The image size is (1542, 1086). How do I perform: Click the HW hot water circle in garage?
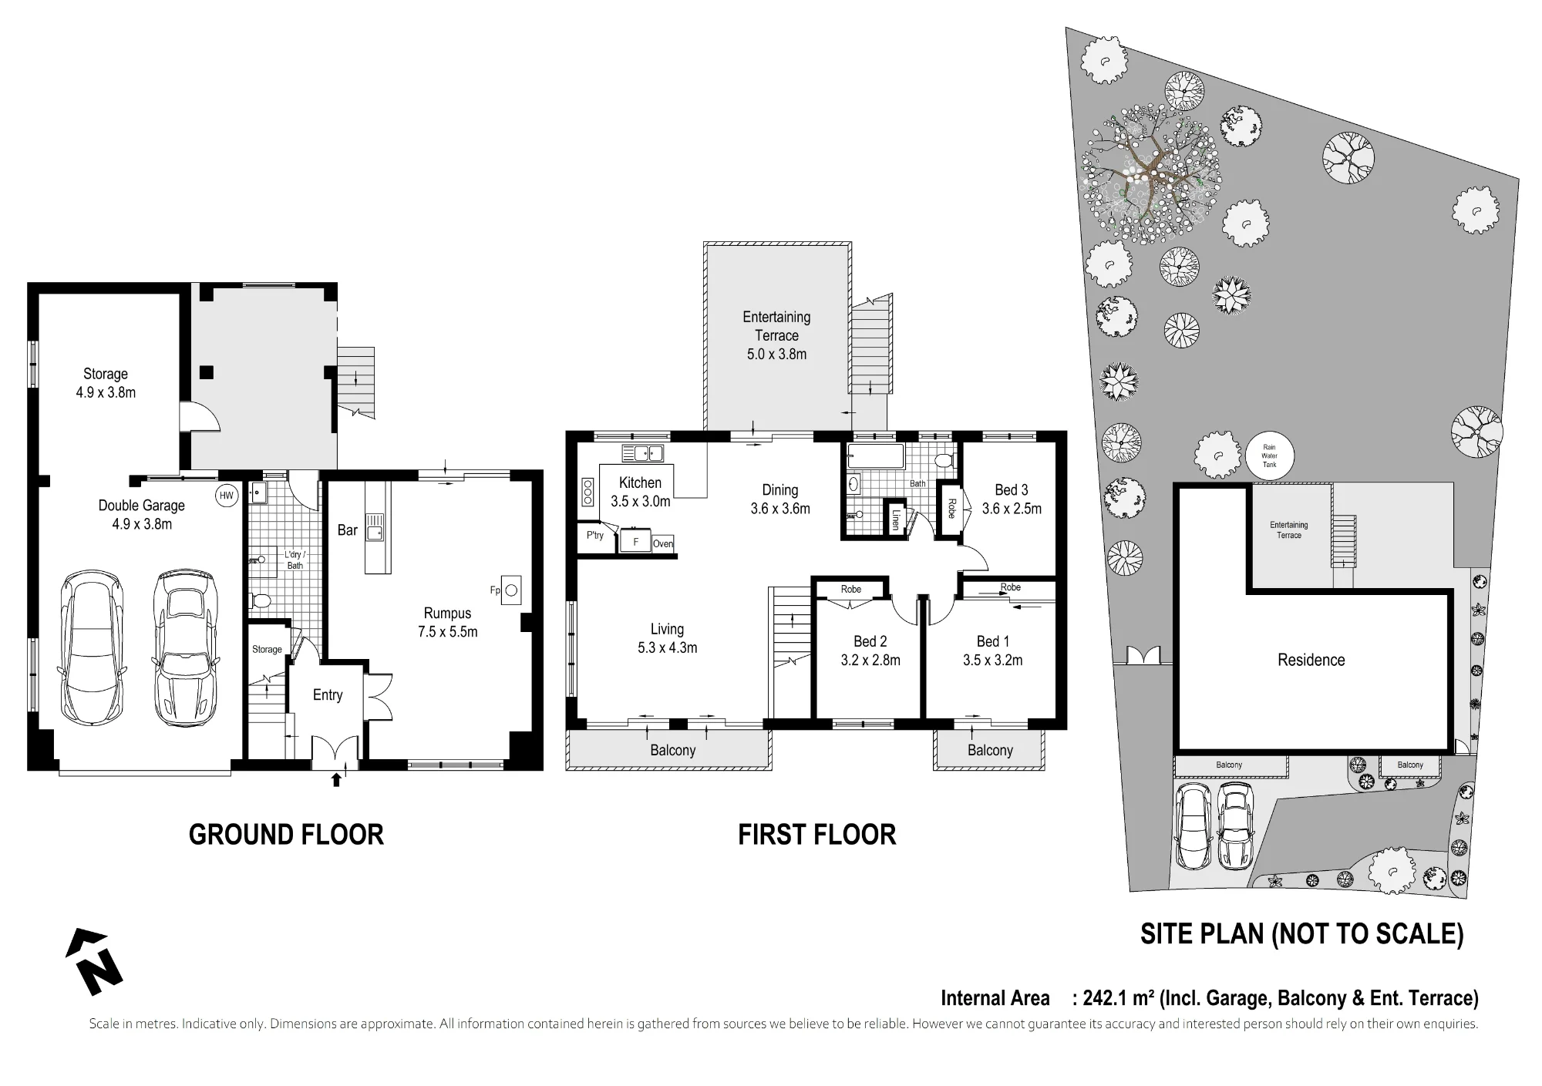[227, 496]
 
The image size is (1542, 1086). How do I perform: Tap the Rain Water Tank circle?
[1269, 456]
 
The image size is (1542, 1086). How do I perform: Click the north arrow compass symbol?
[93, 962]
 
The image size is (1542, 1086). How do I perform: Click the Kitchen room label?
[640, 482]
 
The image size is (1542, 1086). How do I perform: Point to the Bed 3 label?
[1011, 490]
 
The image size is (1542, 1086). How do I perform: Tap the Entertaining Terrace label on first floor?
[776, 326]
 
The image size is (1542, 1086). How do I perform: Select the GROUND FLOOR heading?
[286, 835]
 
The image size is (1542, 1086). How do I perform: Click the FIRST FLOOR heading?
[817, 835]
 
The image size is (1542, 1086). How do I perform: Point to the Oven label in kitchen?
[663, 543]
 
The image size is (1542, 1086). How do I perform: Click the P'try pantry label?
[595, 535]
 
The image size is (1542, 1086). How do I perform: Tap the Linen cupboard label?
[896, 520]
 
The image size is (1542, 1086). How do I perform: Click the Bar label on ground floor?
[347, 530]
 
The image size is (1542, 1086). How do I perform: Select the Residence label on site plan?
[1311, 660]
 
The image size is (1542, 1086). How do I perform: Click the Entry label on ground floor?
[328, 695]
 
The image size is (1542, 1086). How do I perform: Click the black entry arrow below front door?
[335, 780]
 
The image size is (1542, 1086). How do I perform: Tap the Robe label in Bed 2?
[851, 589]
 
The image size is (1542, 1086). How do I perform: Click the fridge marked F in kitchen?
[636, 541]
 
